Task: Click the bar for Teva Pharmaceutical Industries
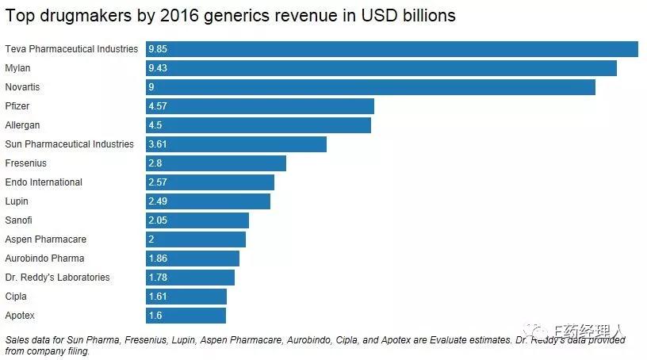tap(392, 49)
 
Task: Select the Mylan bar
tap(381, 68)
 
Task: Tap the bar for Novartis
tap(370, 87)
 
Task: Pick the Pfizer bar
tap(259, 106)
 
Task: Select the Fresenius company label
tap(26, 163)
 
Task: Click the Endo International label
tap(44, 182)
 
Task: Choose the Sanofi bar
tap(197, 220)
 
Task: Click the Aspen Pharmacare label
tap(46, 239)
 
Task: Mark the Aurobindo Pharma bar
tap(193, 259)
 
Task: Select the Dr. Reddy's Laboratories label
tap(57, 278)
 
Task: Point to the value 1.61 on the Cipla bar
tap(159, 297)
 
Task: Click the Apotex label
tap(20, 316)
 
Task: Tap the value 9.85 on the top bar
tap(159, 49)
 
